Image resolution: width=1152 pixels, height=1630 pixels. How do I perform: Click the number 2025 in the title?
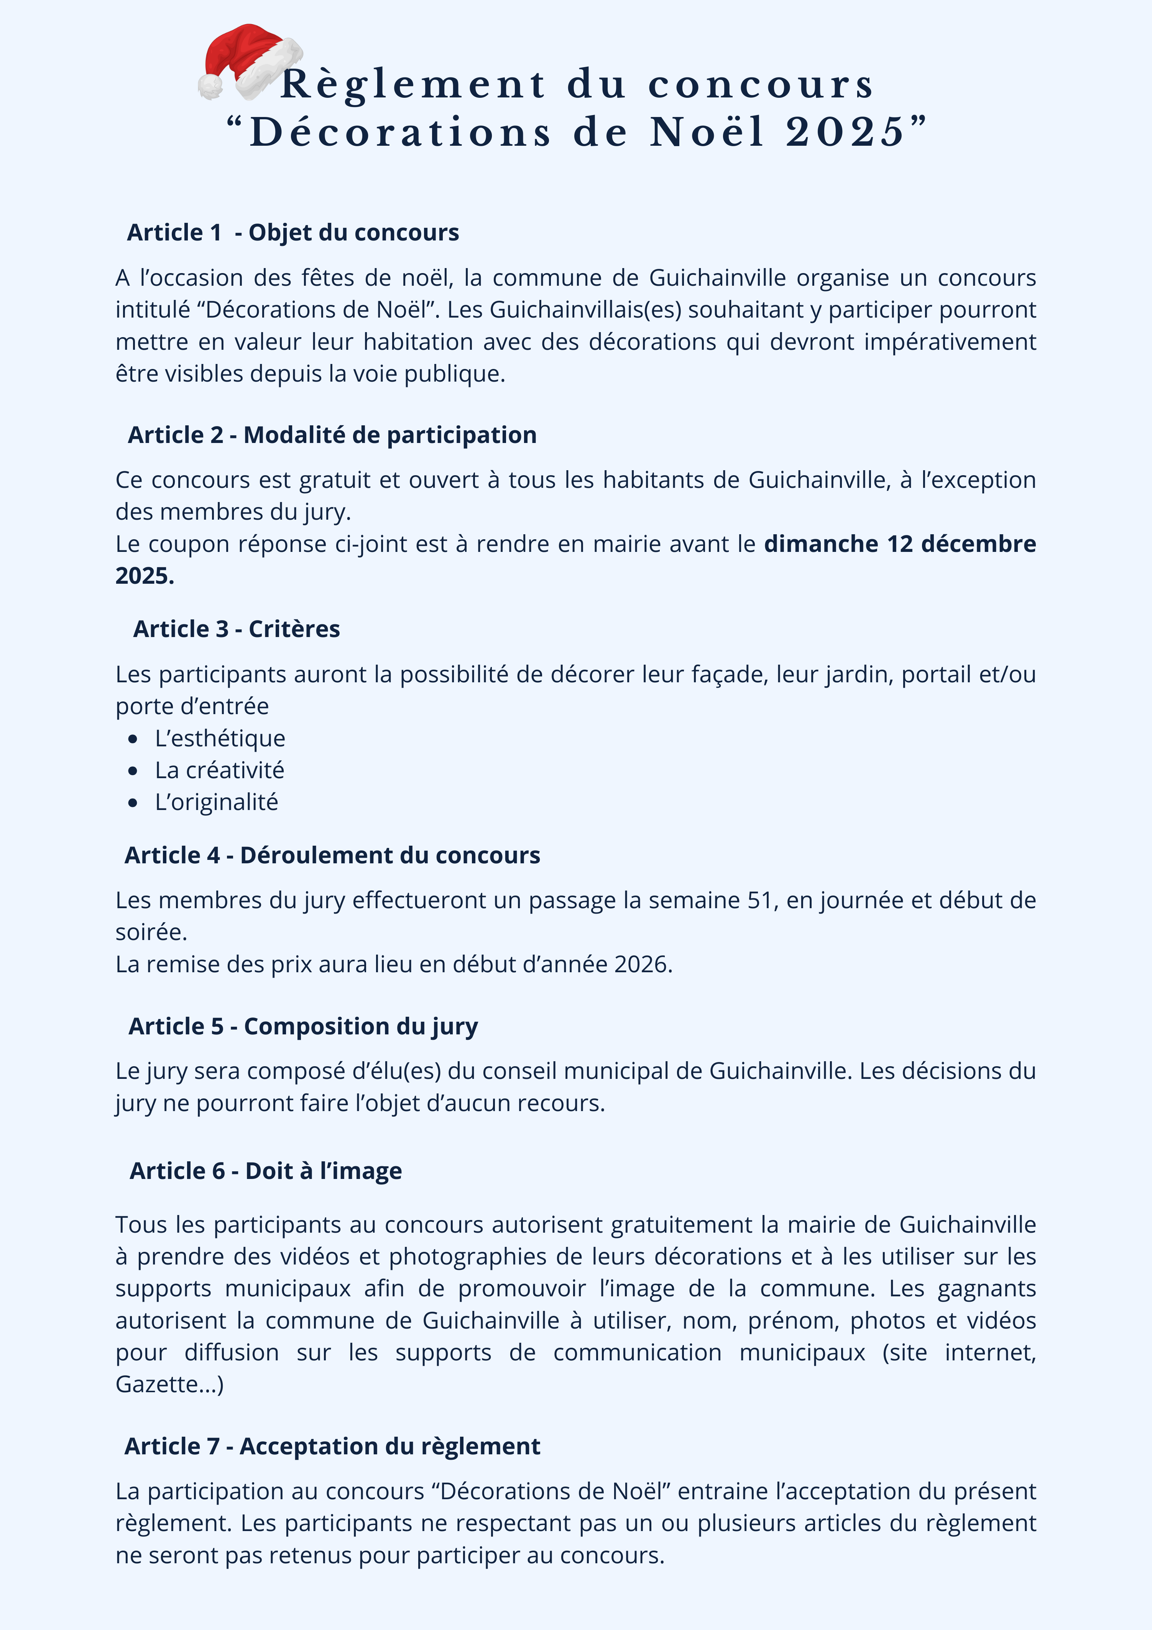[845, 132]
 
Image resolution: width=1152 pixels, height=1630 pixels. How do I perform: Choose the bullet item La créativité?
[219, 770]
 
